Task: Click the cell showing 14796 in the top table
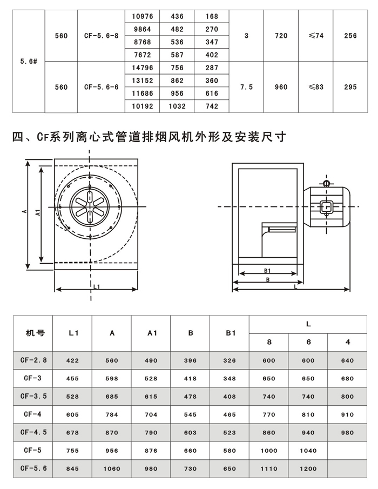(143, 68)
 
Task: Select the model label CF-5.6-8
(101, 36)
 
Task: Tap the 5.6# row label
(28, 62)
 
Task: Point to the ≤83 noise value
(316, 87)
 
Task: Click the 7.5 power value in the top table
(246, 87)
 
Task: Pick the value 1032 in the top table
(177, 106)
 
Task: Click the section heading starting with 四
(148, 138)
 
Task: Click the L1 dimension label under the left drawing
(96, 286)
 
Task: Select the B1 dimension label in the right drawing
(267, 270)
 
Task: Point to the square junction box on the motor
(326, 207)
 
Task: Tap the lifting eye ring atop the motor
(327, 184)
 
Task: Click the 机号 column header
(35, 333)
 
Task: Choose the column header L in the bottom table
(308, 324)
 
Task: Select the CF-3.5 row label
(33, 396)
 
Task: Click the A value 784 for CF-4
(112, 414)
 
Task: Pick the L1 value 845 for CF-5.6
(72, 468)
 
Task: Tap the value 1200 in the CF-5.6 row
(308, 468)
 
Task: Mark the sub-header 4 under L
(348, 342)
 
